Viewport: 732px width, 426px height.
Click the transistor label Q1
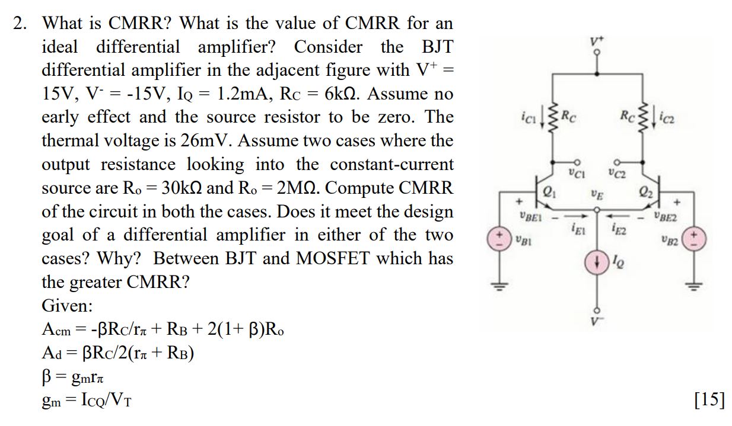coord(547,191)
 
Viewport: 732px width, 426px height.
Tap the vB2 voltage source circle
coord(695,240)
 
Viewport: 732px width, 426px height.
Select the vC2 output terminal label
coord(619,175)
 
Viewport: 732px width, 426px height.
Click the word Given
coord(66,306)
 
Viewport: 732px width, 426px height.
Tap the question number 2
coord(21,23)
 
